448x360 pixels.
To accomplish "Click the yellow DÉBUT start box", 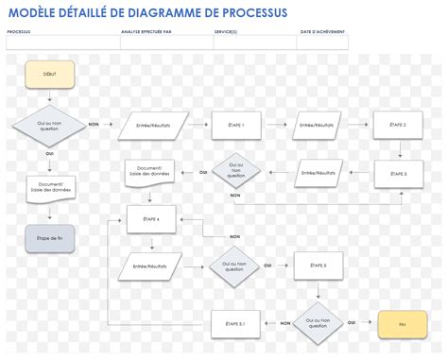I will (x=49, y=75).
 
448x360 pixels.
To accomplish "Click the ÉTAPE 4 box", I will (x=151, y=219).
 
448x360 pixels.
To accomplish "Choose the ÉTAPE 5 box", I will (x=319, y=266).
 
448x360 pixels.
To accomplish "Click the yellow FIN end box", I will (x=402, y=324).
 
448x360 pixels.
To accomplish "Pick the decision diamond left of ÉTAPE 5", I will (x=235, y=266).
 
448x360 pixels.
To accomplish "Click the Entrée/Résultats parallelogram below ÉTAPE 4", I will (x=151, y=266).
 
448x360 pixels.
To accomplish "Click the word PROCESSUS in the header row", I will (x=19, y=31).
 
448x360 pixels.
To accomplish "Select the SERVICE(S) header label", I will (x=225, y=31).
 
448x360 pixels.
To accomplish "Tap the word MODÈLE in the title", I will (x=35, y=11).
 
